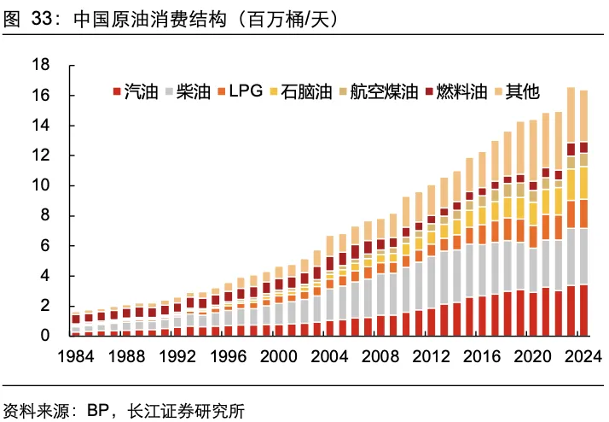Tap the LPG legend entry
click(245, 91)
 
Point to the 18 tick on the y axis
click(41, 65)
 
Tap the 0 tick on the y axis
click(46, 336)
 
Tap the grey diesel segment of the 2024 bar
click(583, 256)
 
